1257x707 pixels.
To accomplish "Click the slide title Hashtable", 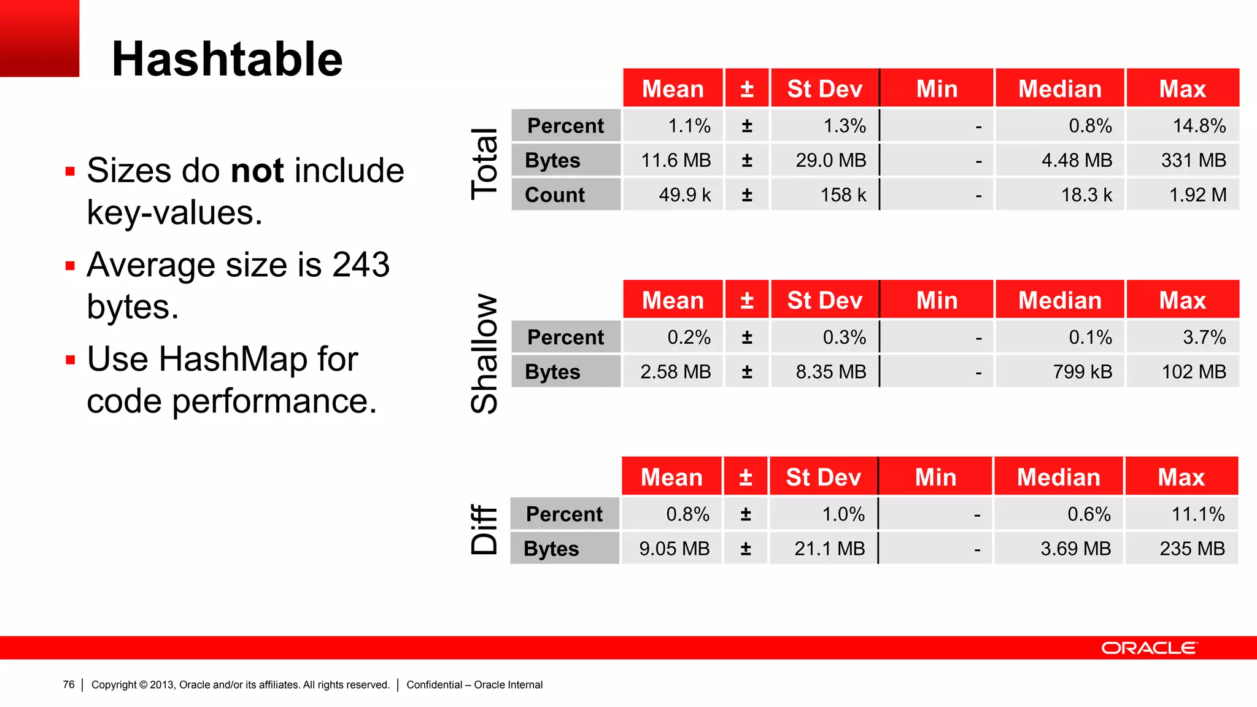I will pos(227,59).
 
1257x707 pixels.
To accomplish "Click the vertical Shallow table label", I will pos(484,353).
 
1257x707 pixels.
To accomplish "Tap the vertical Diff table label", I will pos(484,530).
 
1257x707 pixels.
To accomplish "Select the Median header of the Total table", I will pos(1060,89).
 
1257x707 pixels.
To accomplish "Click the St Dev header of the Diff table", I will pos(824,477).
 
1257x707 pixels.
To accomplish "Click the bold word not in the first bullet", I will pos(257,170).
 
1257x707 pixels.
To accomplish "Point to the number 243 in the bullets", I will pos(361,265).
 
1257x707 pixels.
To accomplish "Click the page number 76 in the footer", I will pos(69,684).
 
